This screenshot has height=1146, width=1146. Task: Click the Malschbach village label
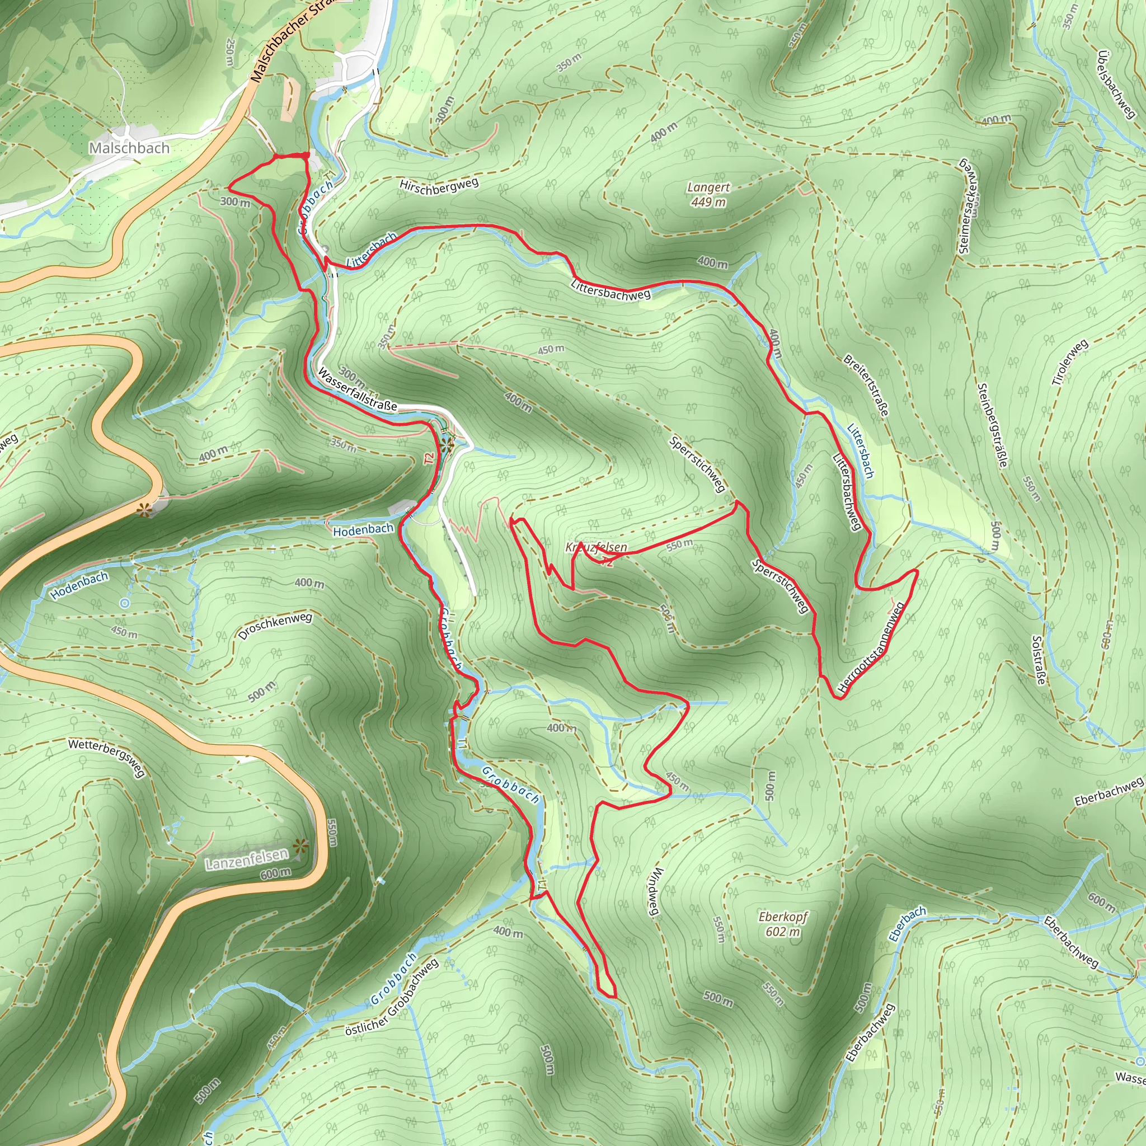click(129, 148)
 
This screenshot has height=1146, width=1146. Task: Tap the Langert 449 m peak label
click(708, 195)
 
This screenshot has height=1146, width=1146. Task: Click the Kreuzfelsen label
click(596, 547)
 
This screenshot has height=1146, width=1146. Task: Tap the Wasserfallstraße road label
click(357, 389)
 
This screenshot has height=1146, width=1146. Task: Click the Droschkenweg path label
click(275, 626)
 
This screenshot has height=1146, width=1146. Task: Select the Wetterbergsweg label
click(106, 758)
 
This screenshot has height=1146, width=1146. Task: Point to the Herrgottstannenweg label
click(871, 648)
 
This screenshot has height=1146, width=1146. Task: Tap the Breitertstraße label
click(867, 386)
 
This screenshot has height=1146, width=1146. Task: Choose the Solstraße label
click(1037, 660)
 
